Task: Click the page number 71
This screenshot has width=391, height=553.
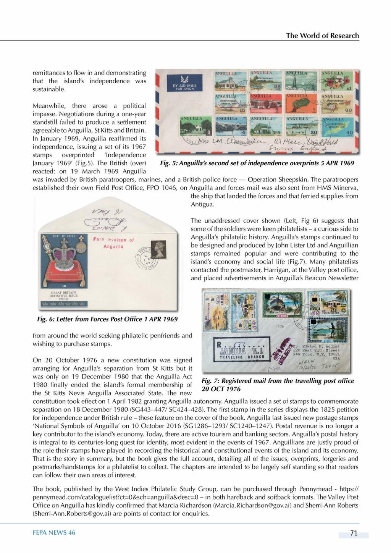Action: pos(354,533)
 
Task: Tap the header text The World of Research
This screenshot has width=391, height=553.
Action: pos(322,36)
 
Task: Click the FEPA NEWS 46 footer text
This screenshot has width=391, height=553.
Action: pos(54,533)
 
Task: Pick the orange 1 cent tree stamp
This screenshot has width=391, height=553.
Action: pos(302,103)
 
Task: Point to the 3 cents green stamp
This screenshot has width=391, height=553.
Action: pos(196,127)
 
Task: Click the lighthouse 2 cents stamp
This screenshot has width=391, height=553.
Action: pos(301,81)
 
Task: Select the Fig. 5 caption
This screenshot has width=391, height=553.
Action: pos(257,163)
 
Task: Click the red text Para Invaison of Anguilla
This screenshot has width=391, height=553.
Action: pos(113,243)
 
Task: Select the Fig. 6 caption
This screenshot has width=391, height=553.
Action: pos(107,319)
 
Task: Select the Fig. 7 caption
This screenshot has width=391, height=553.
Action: pos(278,385)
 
